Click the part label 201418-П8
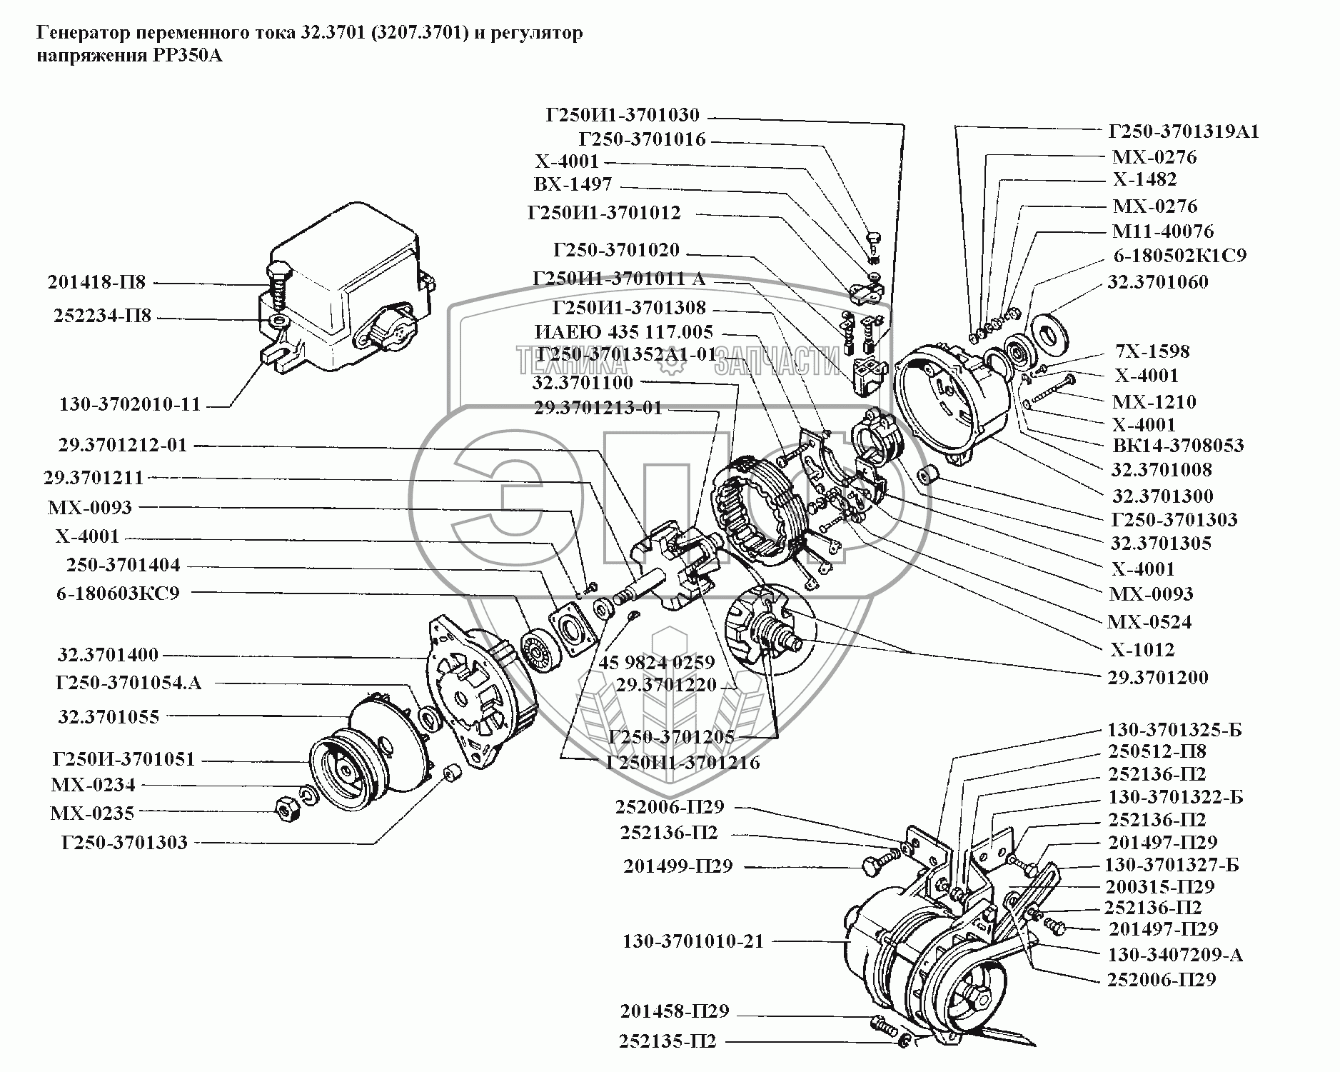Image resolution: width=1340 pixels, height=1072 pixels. click(x=96, y=282)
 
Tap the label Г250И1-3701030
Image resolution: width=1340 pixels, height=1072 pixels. click(x=623, y=115)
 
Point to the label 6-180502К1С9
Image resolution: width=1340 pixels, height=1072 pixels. click(x=1180, y=256)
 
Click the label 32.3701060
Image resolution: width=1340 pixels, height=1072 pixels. click(x=1158, y=282)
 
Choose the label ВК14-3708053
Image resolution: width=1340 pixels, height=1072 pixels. click(x=1179, y=446)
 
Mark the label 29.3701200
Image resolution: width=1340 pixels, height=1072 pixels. click(x=1158, y=678)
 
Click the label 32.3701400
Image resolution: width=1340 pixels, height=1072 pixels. click(x=109, y=655)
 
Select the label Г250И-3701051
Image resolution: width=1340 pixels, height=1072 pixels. click(x=124, y=758)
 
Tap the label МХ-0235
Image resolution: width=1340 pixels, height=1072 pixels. click(x=92, y=813)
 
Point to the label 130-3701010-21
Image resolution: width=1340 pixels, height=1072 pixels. click(x=692, y=941)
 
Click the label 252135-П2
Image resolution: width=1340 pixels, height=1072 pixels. click(x=668, y=1041)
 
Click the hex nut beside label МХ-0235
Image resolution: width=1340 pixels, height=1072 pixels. click(x=286, y=807)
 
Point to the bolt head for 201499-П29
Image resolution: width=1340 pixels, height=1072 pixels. click(x=871, y=866)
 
